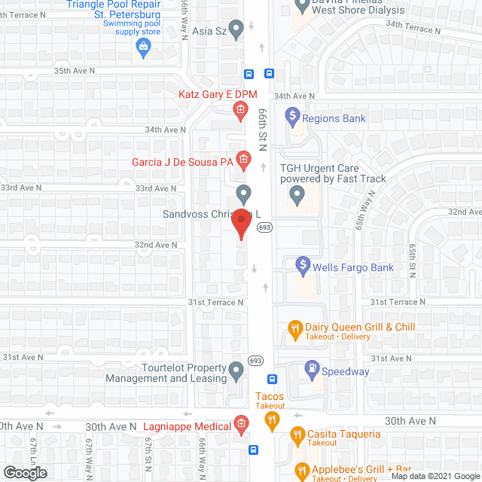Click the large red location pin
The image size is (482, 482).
click(241, 224)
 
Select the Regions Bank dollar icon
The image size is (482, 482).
click(293, 117)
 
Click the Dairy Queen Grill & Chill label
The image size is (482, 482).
click(360, 327)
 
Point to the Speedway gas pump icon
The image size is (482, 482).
click(310, 369)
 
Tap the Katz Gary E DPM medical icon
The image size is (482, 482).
click(239, 111)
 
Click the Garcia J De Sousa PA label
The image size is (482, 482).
click(183, 162)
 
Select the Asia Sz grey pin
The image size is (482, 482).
click(236, 30)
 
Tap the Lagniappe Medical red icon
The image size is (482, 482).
click(241, 425)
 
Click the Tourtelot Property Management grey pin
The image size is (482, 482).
click(236, 370)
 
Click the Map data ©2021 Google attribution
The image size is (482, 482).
click(435, 475)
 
